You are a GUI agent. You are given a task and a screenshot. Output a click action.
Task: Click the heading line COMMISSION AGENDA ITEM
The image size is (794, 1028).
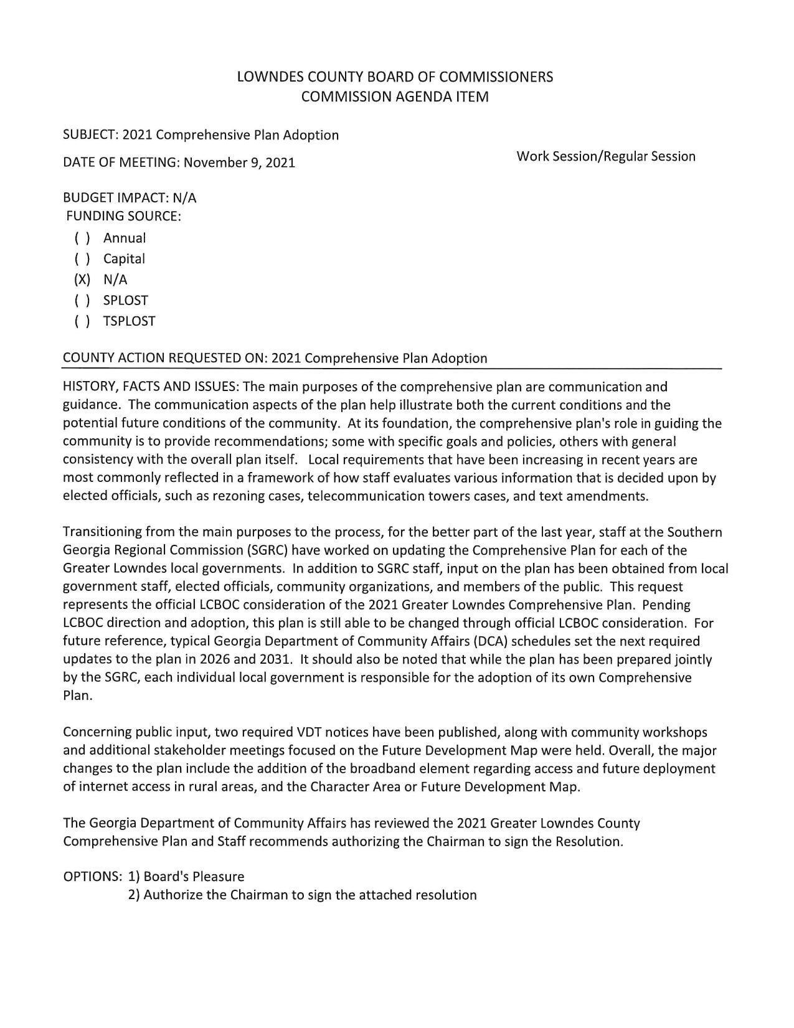[x=395, y=97]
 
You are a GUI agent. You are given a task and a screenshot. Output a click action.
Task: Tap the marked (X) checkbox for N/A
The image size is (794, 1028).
[x=82, y=280]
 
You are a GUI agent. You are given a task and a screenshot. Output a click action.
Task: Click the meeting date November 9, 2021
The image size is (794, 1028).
[x=239, y=163]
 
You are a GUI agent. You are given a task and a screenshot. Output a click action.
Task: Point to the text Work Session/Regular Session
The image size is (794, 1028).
[x=605, y=156]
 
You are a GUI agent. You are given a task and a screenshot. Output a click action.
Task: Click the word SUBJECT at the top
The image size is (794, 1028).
[x=90, y=135]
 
